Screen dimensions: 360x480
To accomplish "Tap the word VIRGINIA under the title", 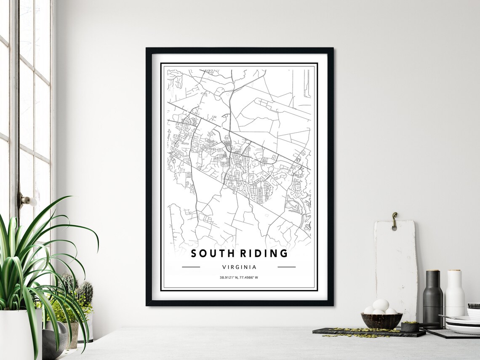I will coord(239,267).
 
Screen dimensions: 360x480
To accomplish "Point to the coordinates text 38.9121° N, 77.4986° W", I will coord(239,277).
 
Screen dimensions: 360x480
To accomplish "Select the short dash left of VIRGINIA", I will coord(191,267).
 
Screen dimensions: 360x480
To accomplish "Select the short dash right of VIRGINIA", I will coord(286,267).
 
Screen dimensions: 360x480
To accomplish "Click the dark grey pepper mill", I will coord(433,300).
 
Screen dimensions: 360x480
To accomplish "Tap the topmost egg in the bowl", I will coord(381,304).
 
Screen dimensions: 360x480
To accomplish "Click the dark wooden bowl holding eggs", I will coord(381,321).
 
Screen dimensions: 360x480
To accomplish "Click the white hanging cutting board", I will coord(396,265).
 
